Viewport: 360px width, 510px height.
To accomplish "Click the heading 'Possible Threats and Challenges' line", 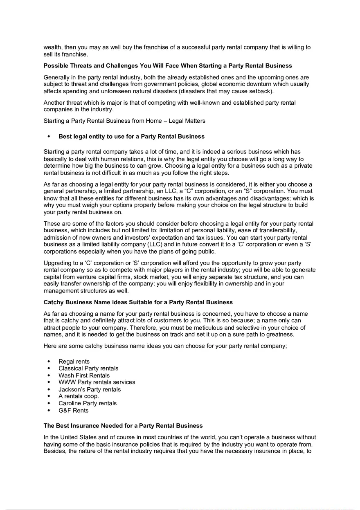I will (x=168, y=65).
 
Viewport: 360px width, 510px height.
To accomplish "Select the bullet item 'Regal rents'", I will (x=74, y=362).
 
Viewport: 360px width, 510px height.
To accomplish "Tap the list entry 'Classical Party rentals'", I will (x=88, y=368).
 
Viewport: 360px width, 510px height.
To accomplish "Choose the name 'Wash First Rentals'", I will (x=84, y=375).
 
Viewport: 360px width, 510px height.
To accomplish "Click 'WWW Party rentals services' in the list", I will (x=97, y=382).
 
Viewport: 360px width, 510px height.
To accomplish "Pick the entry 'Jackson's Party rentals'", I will (x=90, y=389).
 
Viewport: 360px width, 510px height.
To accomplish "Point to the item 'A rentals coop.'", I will (x=79, y=396).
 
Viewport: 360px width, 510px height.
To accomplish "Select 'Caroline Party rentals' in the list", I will (x=88, y=403).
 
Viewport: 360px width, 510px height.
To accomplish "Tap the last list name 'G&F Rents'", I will (x=73, y=410).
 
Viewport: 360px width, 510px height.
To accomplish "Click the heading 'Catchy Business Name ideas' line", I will (x=138, y=302).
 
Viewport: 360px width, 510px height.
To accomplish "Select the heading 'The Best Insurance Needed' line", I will (x=123, y=426).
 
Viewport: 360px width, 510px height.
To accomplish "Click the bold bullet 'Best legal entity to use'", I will (x=131, y=136).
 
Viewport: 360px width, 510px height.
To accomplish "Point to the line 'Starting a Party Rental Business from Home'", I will (x=124, y=121).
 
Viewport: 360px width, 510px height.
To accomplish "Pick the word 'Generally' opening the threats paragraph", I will (x=57, y=77).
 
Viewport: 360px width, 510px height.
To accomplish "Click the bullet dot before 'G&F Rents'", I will (x=49, y=410).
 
